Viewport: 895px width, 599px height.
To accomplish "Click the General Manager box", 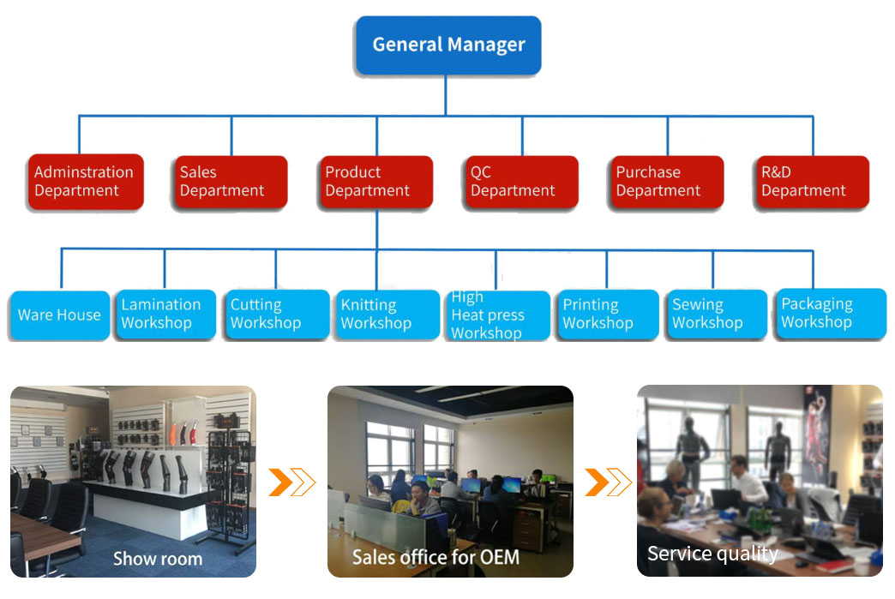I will (x=448, y=45).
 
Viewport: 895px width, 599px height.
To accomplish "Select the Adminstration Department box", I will (x=85, y=182).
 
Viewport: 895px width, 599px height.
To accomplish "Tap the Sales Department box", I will (x=231, y=182).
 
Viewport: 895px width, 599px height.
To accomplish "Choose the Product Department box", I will (x=375, y=182).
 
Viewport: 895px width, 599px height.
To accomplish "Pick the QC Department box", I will (x=520, y=182).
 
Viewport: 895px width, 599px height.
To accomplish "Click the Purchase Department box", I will (x=666, y=182).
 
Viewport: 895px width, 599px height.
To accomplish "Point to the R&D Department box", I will (x=812, y=182).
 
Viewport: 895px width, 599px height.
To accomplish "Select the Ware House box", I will (x=59, y=315).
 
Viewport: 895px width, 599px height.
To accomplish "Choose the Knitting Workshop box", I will (x=386, y=314).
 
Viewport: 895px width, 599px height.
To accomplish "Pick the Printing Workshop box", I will (x=606, y=314).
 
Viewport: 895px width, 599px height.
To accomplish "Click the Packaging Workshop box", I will (x=829, y=314).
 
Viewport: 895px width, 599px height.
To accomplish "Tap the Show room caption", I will (x=158, y=559).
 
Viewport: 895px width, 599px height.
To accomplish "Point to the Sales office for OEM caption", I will (x=435, y=557).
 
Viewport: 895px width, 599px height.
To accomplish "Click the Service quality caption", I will (x=712, y=554).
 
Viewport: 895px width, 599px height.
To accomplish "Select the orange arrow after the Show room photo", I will (x=291, y=482).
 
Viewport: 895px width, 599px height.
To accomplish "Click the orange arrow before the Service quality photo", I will (x=608, y=482).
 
